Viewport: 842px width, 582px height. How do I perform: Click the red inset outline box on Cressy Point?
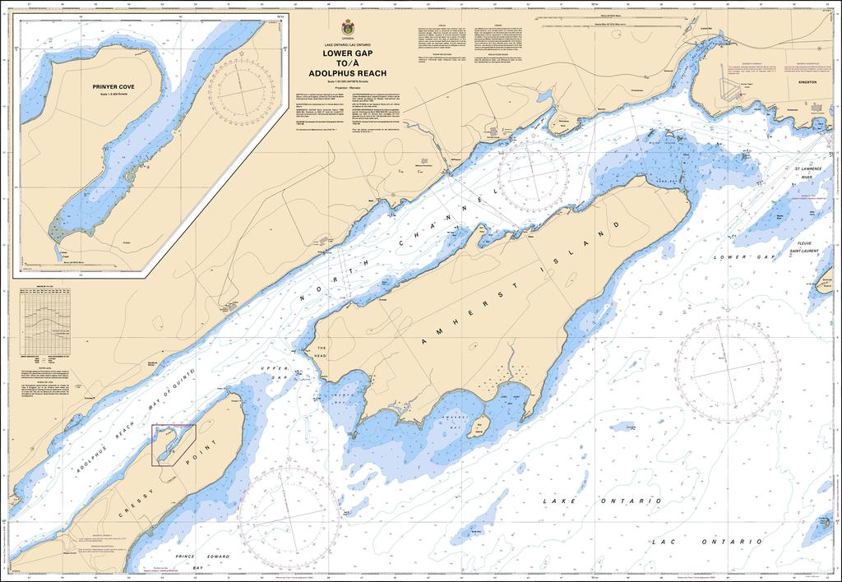173,444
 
